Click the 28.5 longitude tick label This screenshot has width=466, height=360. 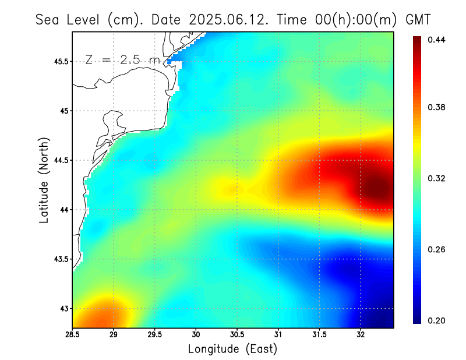[72, 335]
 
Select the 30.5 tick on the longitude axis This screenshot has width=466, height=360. [237, 335]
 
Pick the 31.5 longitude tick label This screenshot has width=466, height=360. [320, 335]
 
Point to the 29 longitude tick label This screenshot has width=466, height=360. [114, 335]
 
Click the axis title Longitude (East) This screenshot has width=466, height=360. [233, 349]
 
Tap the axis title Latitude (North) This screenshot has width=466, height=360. [44, 180]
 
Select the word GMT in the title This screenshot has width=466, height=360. [418, 19]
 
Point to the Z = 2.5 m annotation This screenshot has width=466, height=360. [122, 59]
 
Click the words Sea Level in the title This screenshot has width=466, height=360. [69, 19]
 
